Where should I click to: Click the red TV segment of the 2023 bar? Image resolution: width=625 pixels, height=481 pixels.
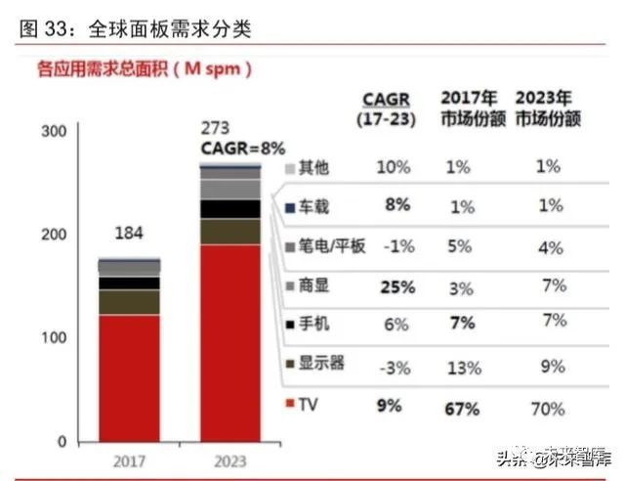point(230,342)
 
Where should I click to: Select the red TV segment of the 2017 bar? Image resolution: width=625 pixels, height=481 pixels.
point(129,377)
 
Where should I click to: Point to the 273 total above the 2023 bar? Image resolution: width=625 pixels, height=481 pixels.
point(217,128)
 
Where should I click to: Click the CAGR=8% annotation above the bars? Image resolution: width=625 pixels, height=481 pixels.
point(242,149)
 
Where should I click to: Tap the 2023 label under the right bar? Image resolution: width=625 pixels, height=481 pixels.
point(230,460)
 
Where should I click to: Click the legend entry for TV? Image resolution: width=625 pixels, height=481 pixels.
point(304,404)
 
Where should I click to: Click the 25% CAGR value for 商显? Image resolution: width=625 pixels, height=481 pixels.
point(396,287)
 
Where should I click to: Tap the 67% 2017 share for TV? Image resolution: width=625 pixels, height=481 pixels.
point(462,407)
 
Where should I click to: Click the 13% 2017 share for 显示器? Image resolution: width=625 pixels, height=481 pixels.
point(463,368)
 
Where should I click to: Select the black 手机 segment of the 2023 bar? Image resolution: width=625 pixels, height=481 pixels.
point(230,208)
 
